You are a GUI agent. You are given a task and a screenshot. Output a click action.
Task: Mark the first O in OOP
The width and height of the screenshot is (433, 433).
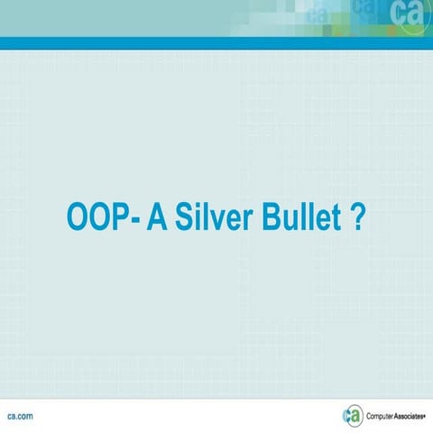click(77, 219)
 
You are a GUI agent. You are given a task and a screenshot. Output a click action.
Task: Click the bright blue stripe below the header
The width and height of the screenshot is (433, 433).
click(216, 43)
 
